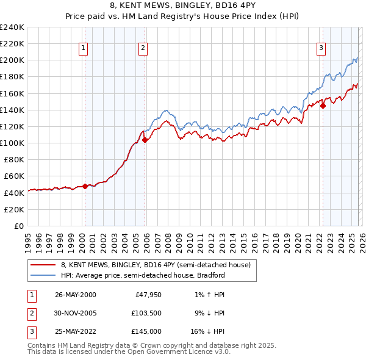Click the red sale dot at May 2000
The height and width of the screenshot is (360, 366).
[x=85, y=187]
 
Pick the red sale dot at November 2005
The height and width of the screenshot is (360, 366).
[x=145, y=140]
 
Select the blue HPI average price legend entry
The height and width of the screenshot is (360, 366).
[x=143, y=275]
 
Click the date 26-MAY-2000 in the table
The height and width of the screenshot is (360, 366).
[x=75, y=295]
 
